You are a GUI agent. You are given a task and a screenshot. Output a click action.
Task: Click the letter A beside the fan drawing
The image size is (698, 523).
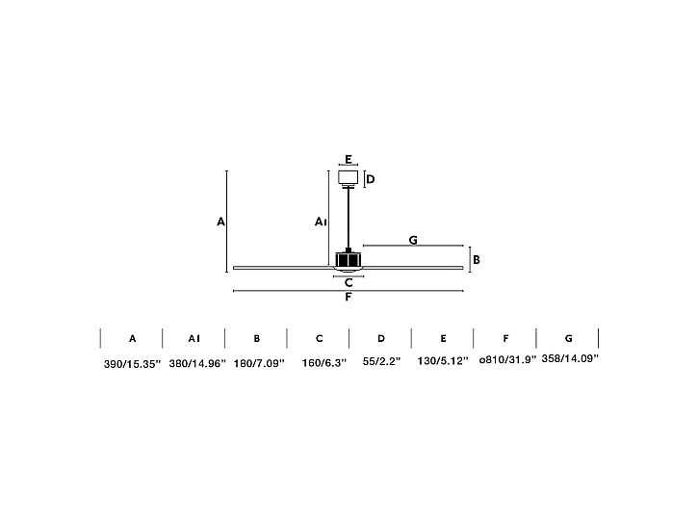click(220, 222)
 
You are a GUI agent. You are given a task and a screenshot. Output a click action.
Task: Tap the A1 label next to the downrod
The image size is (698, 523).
click(321, 222)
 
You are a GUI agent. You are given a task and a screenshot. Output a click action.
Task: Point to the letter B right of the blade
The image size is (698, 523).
click(476, 259)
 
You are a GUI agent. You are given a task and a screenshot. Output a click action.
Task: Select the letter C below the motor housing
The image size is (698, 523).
click(349, 282)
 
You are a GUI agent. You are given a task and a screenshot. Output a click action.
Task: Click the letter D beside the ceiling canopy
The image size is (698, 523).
click(370, 179)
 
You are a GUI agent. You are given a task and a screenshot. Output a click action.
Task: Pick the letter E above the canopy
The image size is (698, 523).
click(349, 160)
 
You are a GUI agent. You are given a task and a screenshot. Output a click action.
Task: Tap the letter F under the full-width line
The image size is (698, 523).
click(349, 298)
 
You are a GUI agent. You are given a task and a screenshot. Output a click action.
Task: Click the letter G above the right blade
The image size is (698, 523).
click(412, 239)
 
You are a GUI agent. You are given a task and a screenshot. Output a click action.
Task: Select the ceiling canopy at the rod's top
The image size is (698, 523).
click(349, 178)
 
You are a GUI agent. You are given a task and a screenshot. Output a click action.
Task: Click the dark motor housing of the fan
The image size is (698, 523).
click(349, 259)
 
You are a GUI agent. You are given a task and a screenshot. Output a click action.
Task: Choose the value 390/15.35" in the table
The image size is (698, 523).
click(132, 363)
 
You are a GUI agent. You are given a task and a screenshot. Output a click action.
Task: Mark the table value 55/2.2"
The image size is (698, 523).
click(381, 363)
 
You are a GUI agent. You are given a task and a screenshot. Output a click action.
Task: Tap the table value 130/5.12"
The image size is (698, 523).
click(443, 362)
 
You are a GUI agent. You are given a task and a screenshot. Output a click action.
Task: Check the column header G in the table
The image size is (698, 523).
click(568, 339)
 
